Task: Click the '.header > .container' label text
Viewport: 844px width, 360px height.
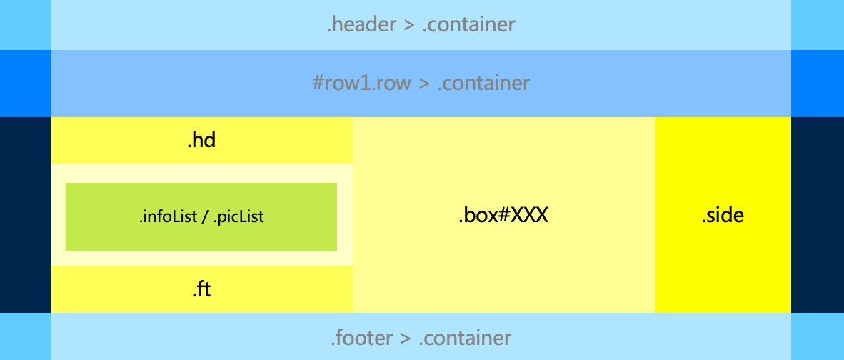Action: click(x=421, y=25)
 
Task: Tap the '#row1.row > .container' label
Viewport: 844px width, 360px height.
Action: click(x=421, y=84)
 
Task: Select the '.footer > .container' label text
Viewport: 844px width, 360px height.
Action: click(x=421, y=337)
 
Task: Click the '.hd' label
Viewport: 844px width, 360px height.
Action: click(x=201, y=141)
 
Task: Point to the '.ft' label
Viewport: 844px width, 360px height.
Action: click(x=201, y=290)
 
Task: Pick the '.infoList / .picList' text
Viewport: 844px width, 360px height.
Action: click(x=201, y=217)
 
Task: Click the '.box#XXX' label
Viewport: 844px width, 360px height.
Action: click(x=503, y=215)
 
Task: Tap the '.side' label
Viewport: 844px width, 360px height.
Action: click(x=723, y=215)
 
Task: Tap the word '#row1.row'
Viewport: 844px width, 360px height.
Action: click(x=361, y=84)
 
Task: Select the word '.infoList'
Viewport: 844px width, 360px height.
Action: click(x=167, y=217)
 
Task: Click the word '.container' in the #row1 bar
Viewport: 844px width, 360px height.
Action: click(x=483, y=84)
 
